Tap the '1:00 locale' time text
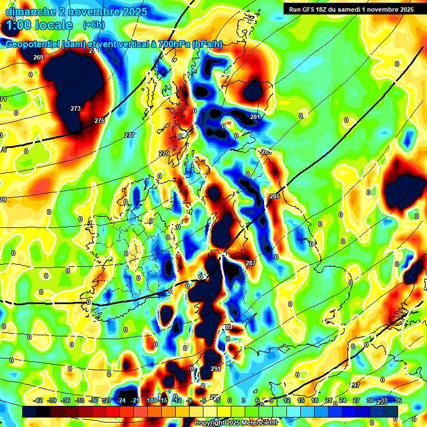point(39,25)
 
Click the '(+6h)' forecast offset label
point(93,25)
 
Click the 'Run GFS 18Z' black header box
point(351,9)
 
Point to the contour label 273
point(76,108)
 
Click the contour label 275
point(100,121)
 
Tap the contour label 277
point(130,135)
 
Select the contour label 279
point(164,153)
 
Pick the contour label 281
point(255,117)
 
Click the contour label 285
point(275,196)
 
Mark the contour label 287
point(251,263)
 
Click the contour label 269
point(38,58)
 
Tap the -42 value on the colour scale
point(38,400)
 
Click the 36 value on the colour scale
point(398,400)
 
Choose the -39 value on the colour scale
point(52,400)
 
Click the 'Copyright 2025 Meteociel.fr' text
point(236,423)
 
